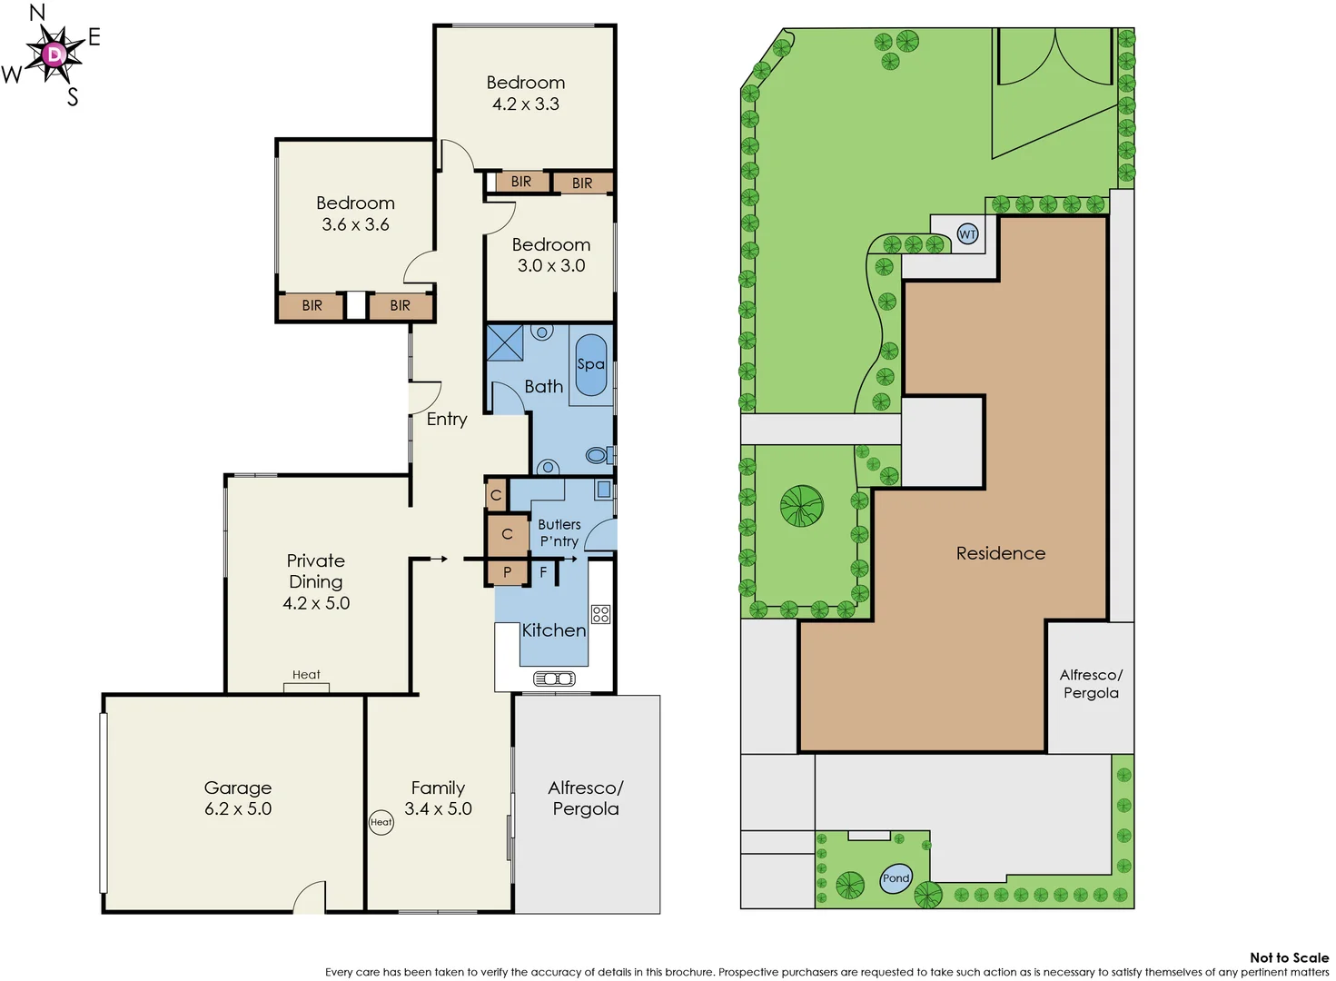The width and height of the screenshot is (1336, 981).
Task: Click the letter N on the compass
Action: click(37, 13)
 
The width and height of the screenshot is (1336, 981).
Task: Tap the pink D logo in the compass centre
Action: click(55, 54)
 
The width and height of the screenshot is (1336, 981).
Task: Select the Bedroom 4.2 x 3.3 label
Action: click(526, 93)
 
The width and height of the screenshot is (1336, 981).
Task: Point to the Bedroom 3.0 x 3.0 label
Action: click(551, 255)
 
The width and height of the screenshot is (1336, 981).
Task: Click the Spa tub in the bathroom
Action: click(590, 364)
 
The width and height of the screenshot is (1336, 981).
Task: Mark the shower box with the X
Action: click(505, 342)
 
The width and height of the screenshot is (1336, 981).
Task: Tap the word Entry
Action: click(447, 419)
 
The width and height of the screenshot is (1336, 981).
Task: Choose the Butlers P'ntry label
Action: click(559, 532)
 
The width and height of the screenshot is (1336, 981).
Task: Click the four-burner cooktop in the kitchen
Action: click(600, 614)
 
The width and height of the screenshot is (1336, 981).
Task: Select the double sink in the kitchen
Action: click(554, 679)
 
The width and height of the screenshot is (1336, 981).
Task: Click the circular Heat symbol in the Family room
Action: click(381, 822)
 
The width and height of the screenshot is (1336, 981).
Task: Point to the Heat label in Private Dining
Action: click(306, 675)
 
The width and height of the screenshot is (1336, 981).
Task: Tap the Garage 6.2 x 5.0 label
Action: click(238, 798)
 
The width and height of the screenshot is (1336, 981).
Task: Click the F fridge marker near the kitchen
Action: click(543, 572)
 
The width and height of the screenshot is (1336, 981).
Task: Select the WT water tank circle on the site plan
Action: click(968, 234)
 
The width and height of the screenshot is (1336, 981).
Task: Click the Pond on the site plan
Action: click(896, 877)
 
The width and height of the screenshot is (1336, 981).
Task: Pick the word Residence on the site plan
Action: click(1000, 553)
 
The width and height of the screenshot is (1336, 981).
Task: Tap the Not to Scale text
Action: click(1288, 957)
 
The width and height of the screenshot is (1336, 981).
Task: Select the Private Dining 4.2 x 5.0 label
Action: click(316, 581)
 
